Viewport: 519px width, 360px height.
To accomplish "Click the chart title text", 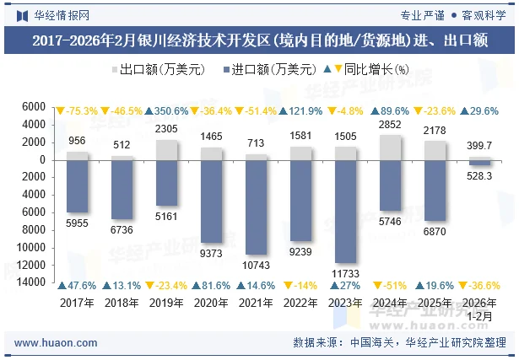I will [x=259, y=40].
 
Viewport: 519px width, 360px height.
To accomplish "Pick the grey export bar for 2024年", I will [x=392, y=147].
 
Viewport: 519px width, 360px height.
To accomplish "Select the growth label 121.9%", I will [x=300, y=110].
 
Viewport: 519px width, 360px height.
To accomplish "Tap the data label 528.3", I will [x=480, y=175].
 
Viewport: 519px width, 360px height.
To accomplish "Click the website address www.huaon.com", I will [x=56, y=343].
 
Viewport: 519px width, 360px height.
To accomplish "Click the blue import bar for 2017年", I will [x=77, y=186].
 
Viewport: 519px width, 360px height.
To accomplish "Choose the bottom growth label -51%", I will [x=391, y=285].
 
